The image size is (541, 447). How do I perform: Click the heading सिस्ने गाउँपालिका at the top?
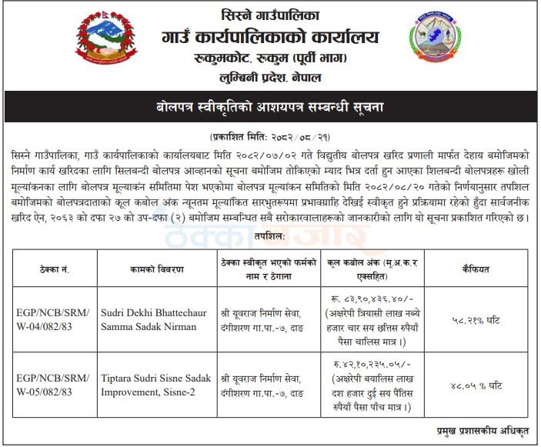coord(271,13)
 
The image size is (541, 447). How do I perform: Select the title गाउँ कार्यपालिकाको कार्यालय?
coord(271,35)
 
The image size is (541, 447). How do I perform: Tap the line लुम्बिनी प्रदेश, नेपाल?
coord(271,78)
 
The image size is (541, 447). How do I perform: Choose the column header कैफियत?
coord(481,270)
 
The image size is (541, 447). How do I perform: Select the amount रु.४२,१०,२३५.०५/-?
coord(372,365)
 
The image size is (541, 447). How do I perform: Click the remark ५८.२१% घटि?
coord(481,319)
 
